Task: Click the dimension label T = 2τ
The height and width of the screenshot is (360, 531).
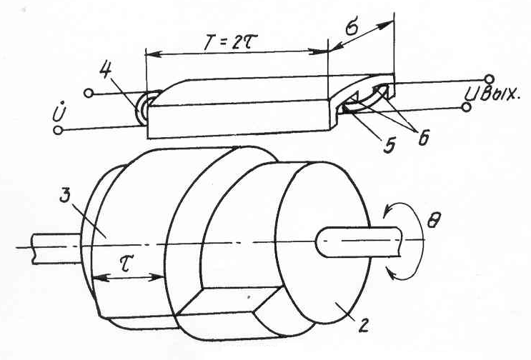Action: tap(236, 40)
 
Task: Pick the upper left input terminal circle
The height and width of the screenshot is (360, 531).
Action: tap(88, 93)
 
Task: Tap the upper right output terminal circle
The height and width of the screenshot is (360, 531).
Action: tap(489, 78)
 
